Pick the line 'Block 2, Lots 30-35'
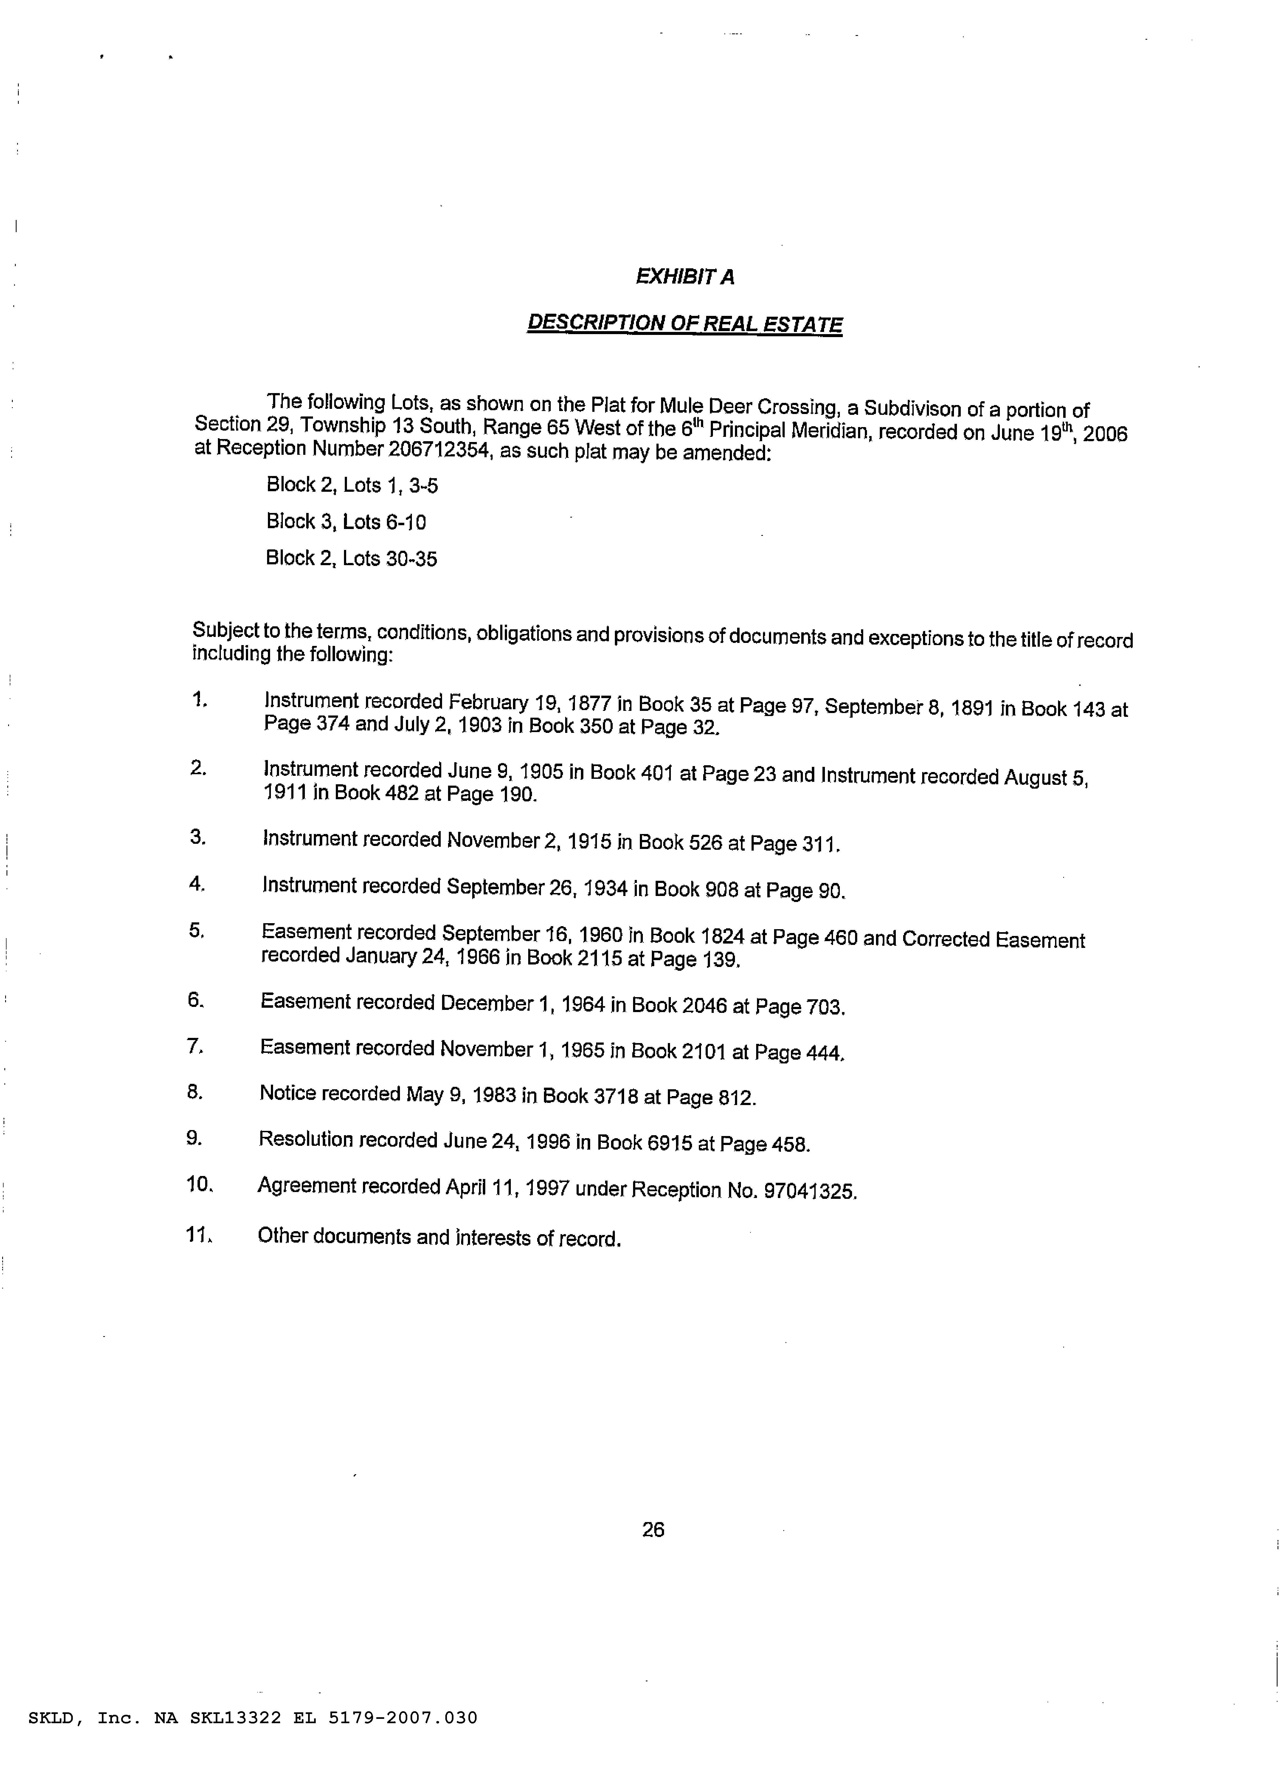pos(351,558)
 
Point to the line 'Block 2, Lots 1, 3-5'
pos(352,485)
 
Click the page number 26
pos(653,1529)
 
